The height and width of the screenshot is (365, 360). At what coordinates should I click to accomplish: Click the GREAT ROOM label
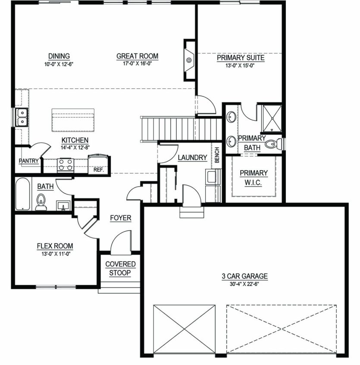[x=137, y=56]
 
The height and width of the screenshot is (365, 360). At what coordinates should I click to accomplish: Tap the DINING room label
[x=59, y=56]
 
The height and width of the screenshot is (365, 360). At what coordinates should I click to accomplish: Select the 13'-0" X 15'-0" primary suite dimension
[x=240, y=66]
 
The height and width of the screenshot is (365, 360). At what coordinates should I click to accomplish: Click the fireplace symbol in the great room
[x=189, y=60]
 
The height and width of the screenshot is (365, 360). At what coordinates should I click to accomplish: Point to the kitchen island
[x=73, y=120]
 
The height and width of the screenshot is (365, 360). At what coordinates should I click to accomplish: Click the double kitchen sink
[x=22, y=117]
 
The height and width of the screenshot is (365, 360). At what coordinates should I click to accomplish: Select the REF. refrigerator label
[x=98, y=170]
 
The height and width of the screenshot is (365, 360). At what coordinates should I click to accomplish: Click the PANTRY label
[x=28, y=161]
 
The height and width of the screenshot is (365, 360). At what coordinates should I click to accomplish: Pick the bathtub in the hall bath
[x=22, y=194]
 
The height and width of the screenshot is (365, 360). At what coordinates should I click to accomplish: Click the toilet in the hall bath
[x=41, y=202]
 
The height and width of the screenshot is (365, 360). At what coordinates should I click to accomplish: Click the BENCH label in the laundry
[x=217, y=155]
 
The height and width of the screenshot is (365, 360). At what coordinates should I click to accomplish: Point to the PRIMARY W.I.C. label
[x=254, y=178]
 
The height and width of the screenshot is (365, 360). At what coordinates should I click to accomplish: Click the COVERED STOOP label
[x=120, y=268]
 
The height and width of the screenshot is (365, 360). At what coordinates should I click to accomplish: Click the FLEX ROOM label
[x=55, y=246]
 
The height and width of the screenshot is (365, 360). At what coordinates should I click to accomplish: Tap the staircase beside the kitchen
[x=181, y=129]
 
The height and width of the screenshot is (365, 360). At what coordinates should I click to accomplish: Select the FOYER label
[x=120, y=218]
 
